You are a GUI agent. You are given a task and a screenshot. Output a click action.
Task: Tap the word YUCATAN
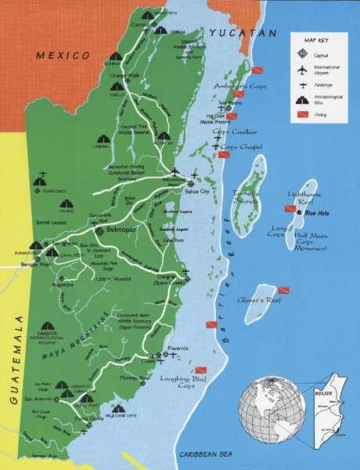[243, 33]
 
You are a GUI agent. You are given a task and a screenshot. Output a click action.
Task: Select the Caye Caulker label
[234, 132]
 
